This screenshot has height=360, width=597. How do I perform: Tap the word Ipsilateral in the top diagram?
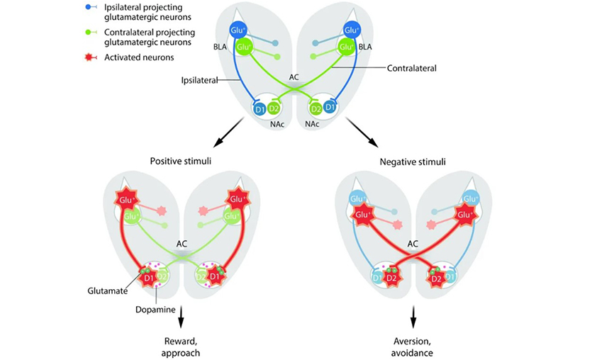199,79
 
